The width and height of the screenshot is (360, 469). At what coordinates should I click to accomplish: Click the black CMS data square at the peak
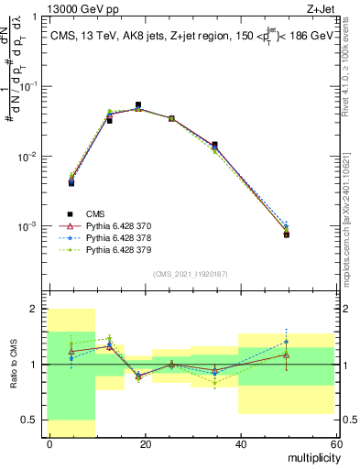click(138, 105)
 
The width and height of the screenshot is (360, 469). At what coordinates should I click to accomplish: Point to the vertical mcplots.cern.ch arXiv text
click(352, 183)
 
